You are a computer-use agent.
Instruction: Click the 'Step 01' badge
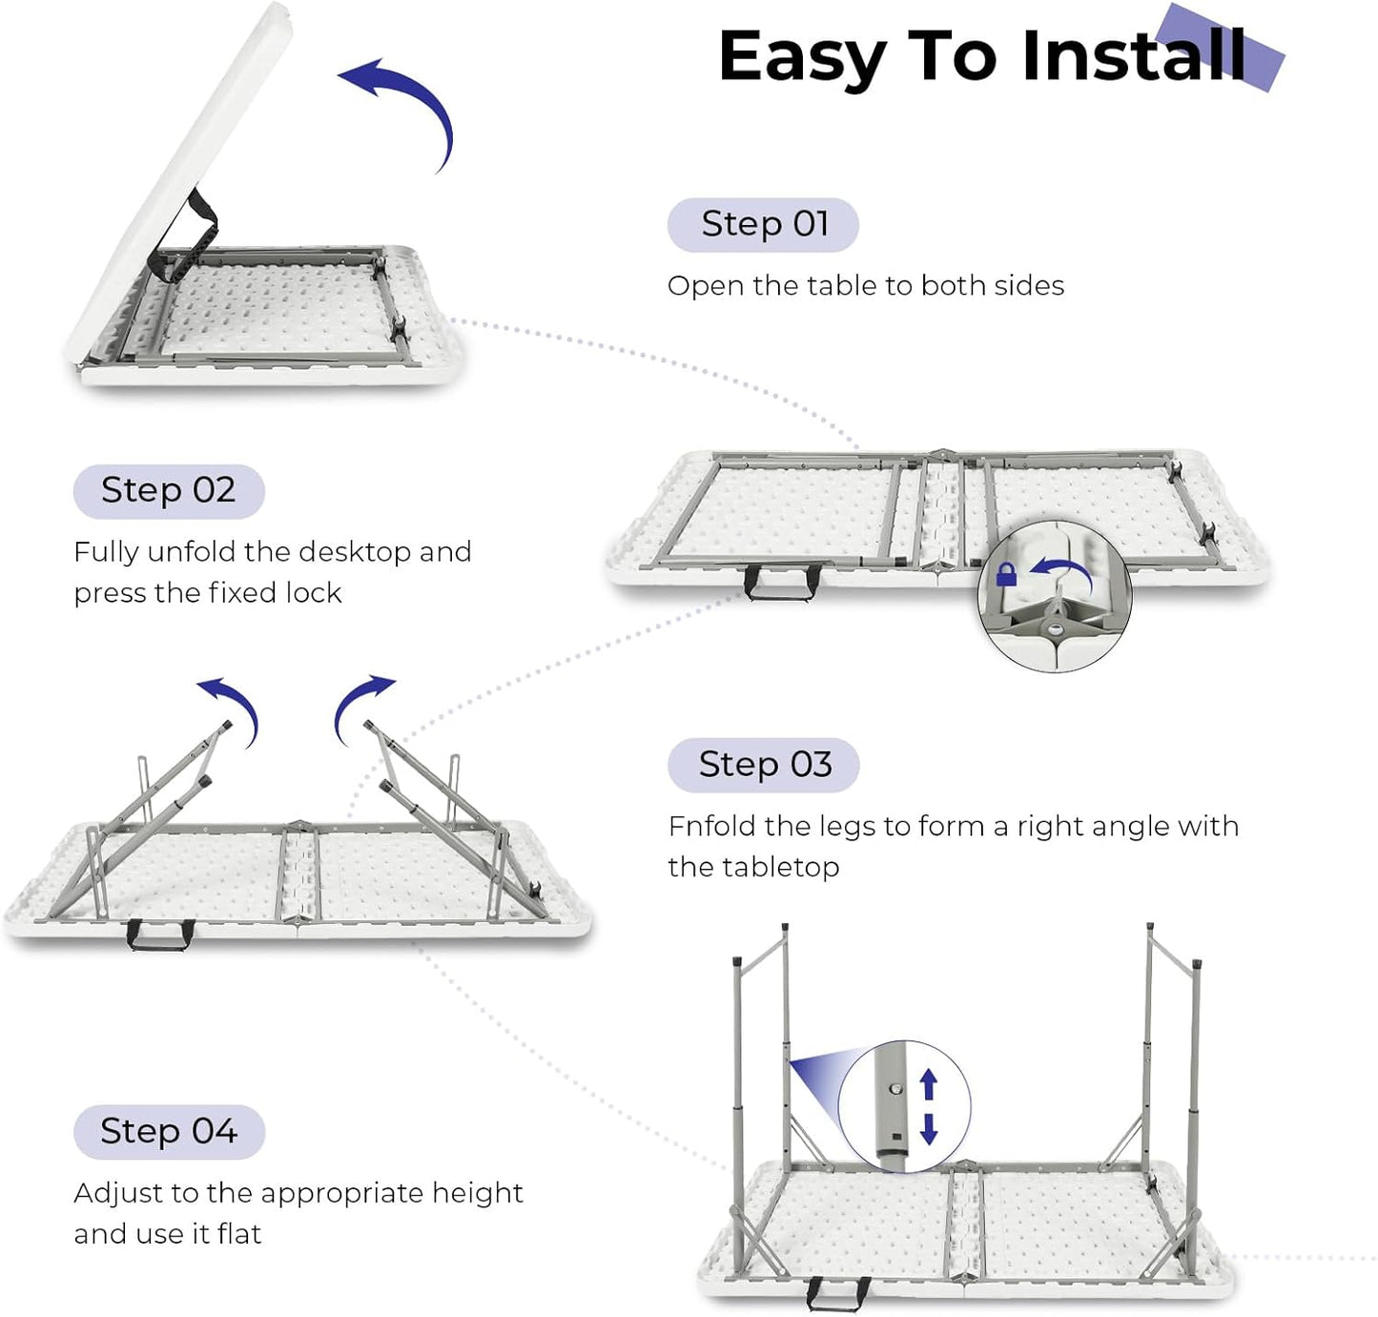763,225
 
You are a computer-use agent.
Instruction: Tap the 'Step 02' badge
169,491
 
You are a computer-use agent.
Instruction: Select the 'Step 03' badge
764,765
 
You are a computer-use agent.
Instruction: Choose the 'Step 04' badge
169,1132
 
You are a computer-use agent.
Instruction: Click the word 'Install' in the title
1133,55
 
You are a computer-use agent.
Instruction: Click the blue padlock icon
1006,574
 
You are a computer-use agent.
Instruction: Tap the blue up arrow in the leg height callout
929,1084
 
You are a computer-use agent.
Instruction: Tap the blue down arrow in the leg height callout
929,1129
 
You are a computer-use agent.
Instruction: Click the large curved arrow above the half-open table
405,105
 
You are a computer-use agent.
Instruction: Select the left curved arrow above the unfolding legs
232,706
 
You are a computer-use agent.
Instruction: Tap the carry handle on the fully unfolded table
782,582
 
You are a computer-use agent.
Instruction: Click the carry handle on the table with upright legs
836,1293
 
